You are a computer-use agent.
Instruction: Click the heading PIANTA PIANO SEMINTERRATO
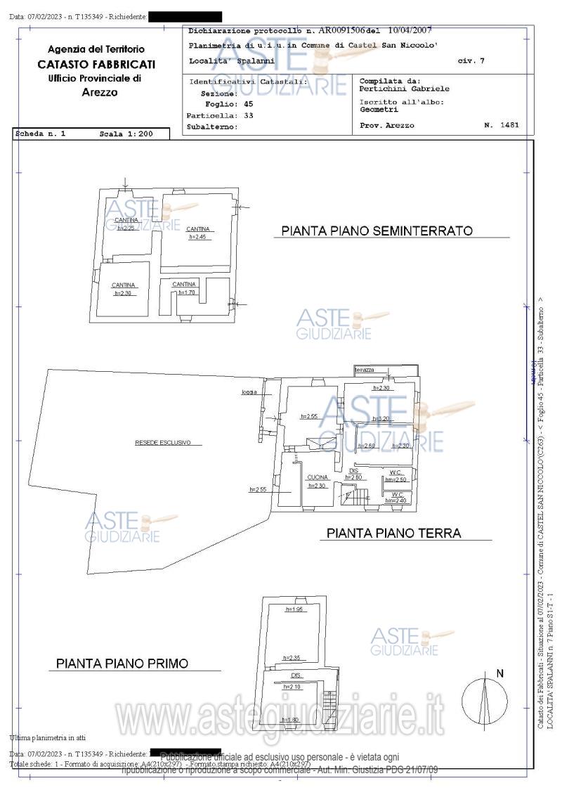tap(377, 231)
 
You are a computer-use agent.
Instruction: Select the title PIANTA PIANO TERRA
tap(393, 533)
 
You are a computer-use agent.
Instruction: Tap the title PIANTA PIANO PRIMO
tap(122, 663)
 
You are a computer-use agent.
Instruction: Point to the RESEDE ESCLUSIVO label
tap(163, 443)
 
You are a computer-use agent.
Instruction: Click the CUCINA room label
tap(318, 477)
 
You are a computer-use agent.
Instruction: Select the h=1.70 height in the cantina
tap(186, 292)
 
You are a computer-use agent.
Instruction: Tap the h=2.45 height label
tap(197, 238)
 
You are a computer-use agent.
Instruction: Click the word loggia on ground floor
tap(249, 392)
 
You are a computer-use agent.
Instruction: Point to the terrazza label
tap(365, 370)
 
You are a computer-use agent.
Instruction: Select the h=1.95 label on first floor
tap(294, 609)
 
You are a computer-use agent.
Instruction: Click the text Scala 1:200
tap(124, 133)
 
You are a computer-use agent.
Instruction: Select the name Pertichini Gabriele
tap(404, 89)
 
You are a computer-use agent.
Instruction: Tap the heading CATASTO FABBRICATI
tap(96, 64)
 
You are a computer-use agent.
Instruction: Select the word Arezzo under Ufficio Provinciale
tap(99, 92)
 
